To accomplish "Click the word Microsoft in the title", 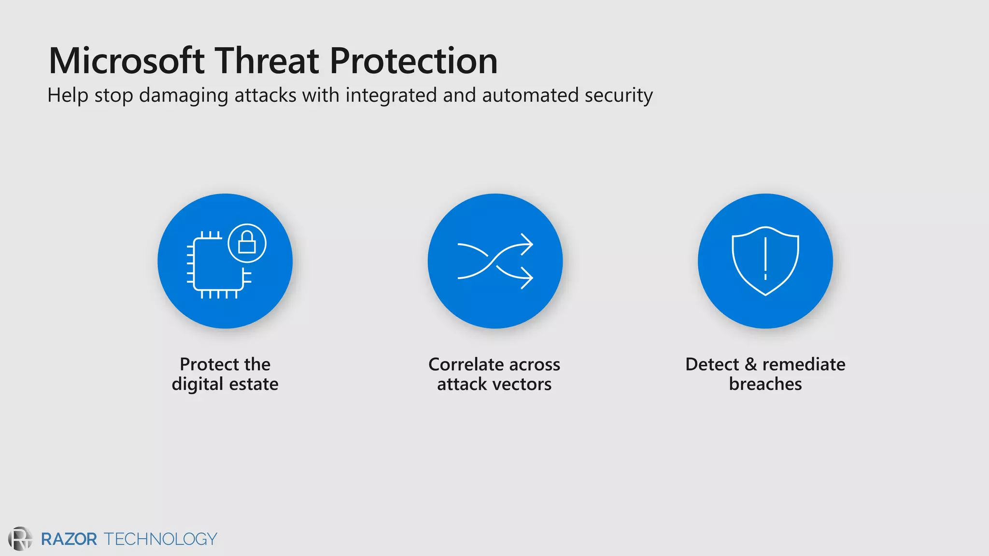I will pyautogui.click(x=127, y=61).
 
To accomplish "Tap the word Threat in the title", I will pyautogui.click(x=267, y=61).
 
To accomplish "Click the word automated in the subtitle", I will pyautogui.click(x=530, y=95).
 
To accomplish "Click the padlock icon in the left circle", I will pyautogui.click(x=247, y=243).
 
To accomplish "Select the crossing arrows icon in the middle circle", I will pyautogui.click(x=495, y=261).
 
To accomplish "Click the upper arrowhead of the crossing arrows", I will pyautogui.click(x=527, y=244).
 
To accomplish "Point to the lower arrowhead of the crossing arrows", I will pyautogui.click(x=527, y=278).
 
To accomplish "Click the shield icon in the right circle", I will pyautogui.click(x=765, y=261).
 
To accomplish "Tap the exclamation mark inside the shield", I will pyautogui.click(x=765, y=258).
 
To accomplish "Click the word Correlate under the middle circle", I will pyautogui.click(x=466, y=364).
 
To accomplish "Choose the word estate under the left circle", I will pyautogui.click(x=254, y=384).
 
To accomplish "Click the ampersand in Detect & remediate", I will pyautogui.click(x=750, y=364).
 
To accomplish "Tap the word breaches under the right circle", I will pyautogui.click(x=765, y=384).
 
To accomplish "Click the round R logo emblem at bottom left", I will pyautogui.click(x=20, y=539).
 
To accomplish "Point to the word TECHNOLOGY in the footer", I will pyautogui.click(x=160, y=539).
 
